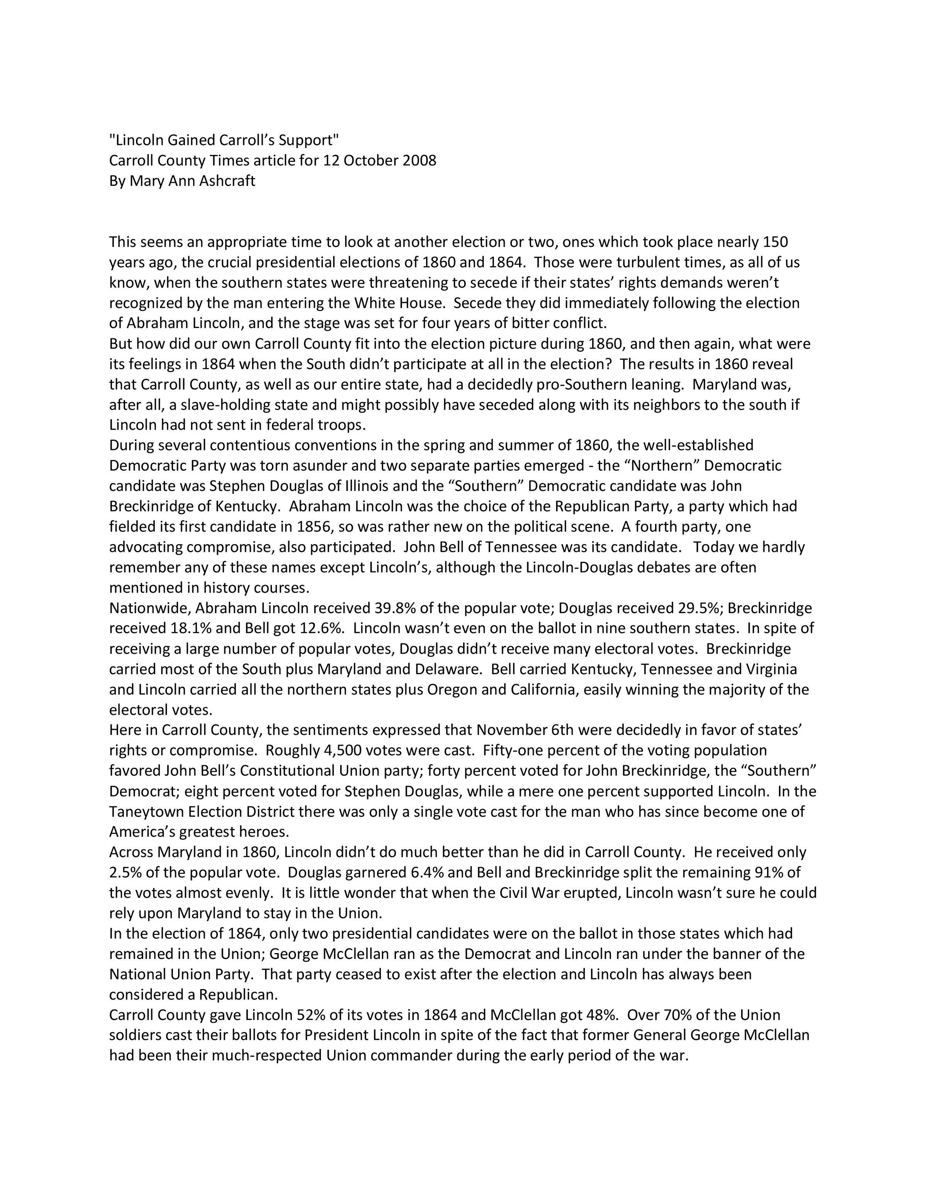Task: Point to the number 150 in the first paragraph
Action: (776, 242)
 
